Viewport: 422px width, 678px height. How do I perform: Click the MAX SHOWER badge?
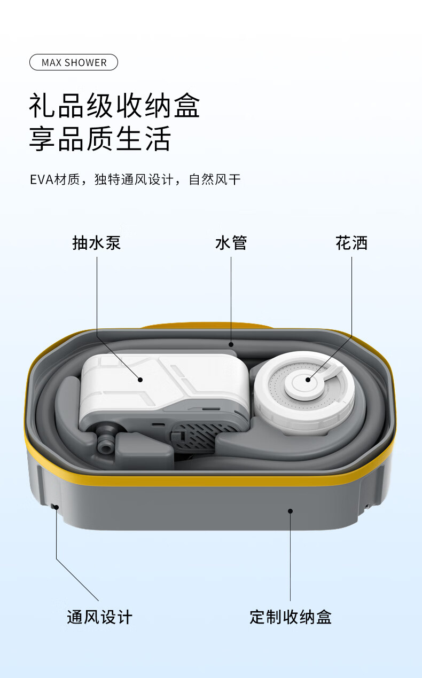coord(74,62)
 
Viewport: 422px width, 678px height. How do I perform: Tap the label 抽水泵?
coord(97,243)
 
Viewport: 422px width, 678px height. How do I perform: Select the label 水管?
coord(231,243)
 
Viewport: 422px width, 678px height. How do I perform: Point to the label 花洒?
coord(351,243)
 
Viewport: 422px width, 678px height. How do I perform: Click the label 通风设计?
coord(99,617)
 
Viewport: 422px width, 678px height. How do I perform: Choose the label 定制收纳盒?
coord(291,617)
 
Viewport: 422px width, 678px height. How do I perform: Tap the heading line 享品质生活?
coord(100,139)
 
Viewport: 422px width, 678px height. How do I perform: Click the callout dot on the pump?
coord(140,380)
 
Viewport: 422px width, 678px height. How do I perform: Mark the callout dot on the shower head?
coord(308,380)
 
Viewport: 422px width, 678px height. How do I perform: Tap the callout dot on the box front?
coord(291,511)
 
